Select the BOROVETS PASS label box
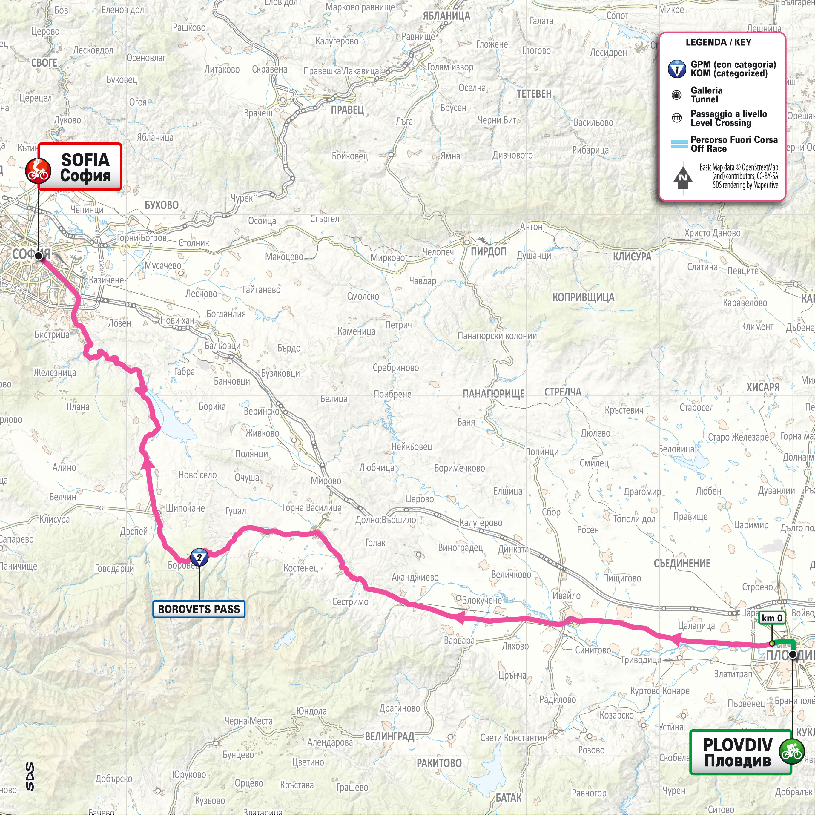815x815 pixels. (x=199, y=609)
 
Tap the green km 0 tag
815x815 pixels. (x=772, y=618)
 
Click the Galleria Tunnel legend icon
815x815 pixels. (x=677, y=95)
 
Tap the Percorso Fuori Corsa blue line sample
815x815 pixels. (x=680, y=144)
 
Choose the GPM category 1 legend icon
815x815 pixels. (x=677, y=69)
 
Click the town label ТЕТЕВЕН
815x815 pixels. (x=534, y=94)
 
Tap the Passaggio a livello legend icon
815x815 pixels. (x=677, y=119)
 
